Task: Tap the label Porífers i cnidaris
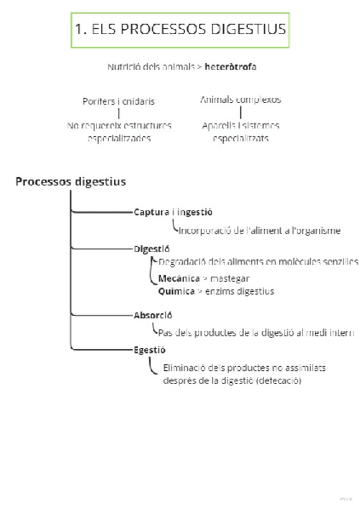[118, 101]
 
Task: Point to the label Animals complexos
[240, 100]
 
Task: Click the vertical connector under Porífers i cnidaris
[119, 113]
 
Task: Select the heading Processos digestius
[71, 181]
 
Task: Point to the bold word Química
[176, 291]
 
